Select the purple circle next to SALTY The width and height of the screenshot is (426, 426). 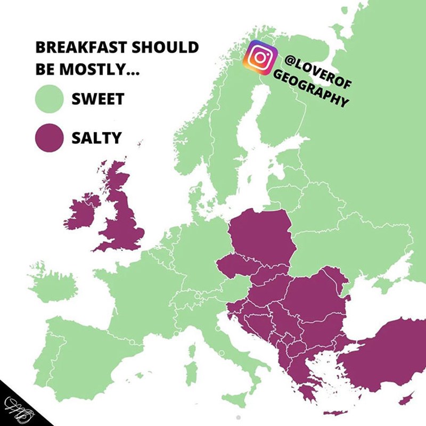point(50,138)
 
